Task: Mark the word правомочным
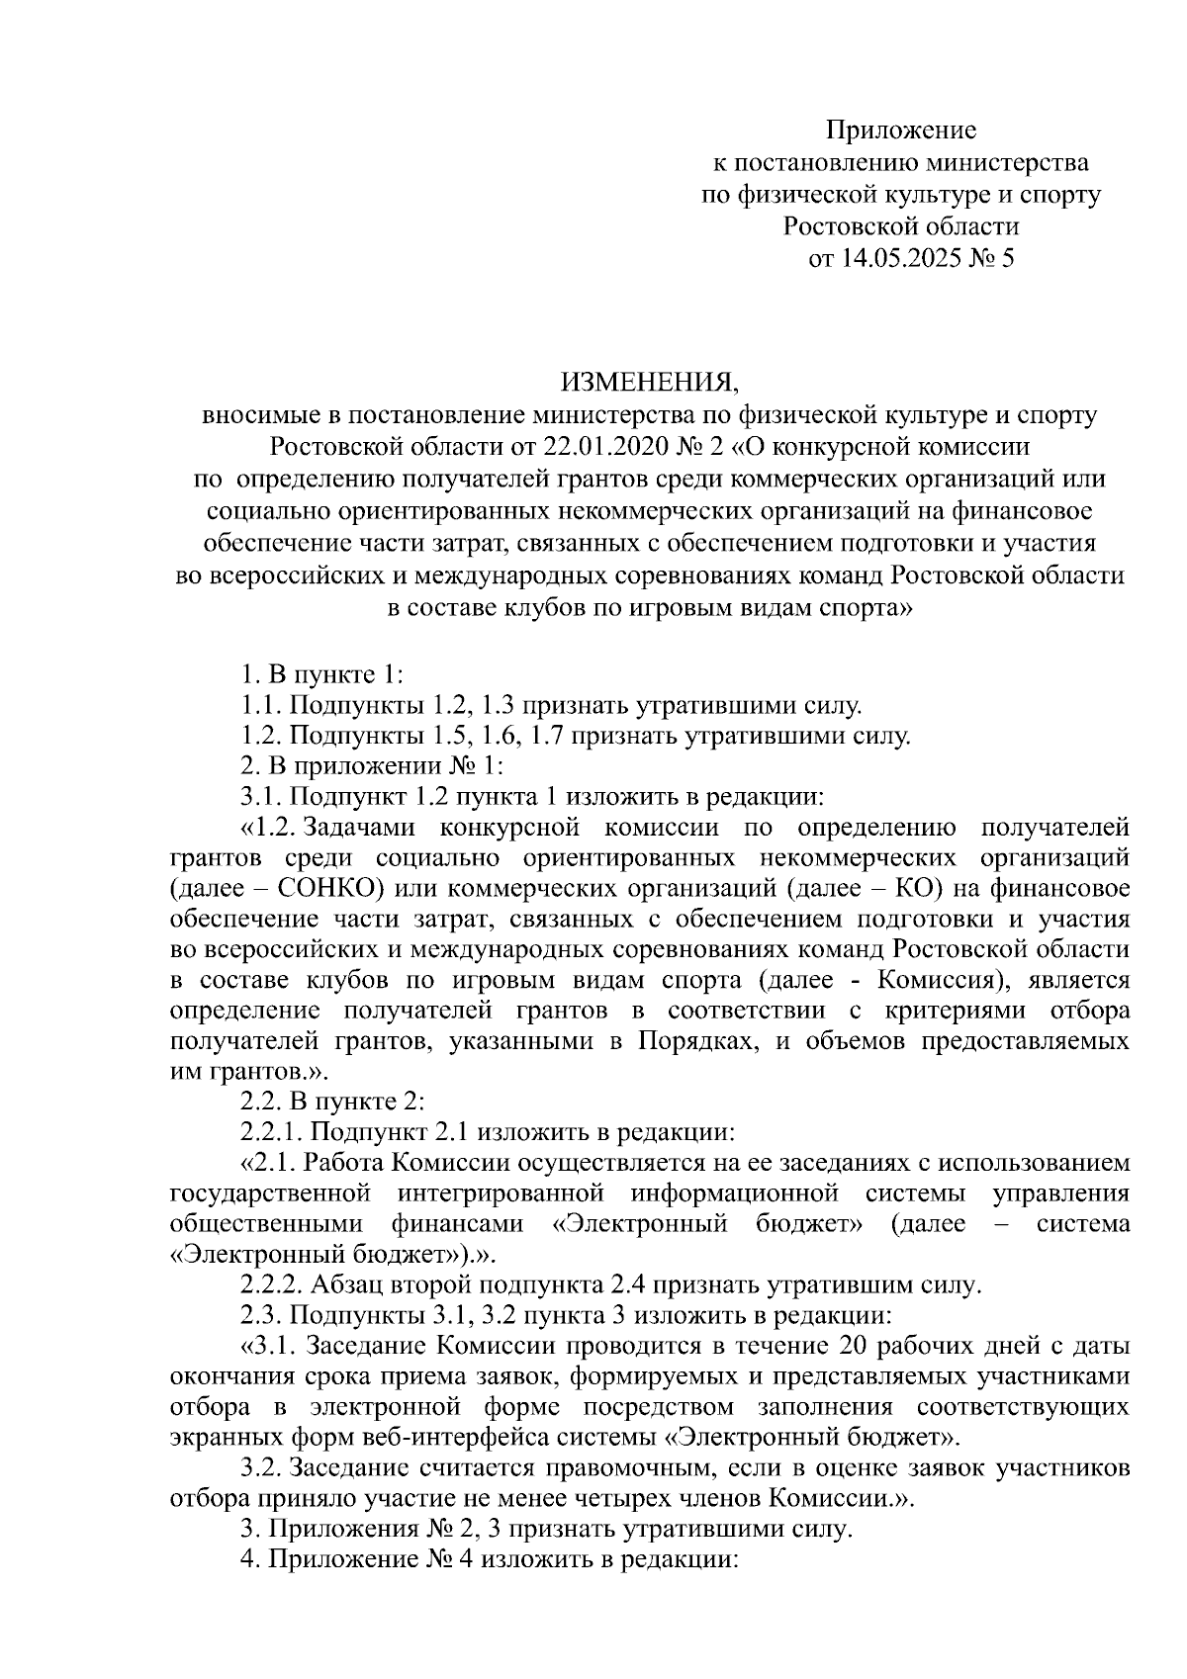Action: pos(565,1469)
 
